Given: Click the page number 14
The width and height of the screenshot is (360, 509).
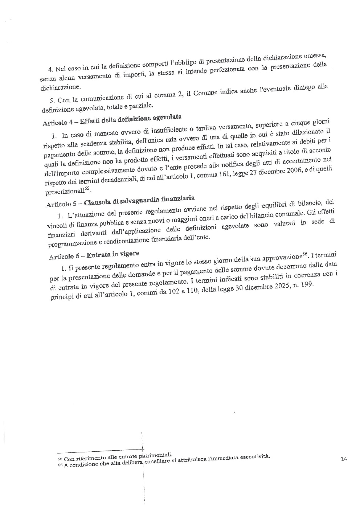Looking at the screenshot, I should pos(344,459).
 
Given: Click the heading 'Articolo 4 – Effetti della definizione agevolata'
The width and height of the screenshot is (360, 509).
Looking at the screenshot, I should pos(112,120).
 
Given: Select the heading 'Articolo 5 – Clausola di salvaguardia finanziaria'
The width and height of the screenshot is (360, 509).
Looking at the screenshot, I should pos(120,201).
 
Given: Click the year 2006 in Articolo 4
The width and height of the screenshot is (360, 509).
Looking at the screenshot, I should pos(292,172).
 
